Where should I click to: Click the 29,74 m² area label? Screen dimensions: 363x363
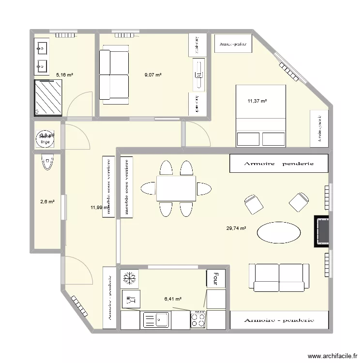[x=236, y=228]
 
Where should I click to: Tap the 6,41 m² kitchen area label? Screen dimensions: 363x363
[x=173, y=299]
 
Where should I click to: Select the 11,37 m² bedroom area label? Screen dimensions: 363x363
[x=257, y=101]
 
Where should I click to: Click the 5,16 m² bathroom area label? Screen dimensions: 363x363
[x=64, y=75]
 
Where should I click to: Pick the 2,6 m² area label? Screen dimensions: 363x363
[x=46, y=202]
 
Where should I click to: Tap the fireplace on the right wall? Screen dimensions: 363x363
[x=322, y=231]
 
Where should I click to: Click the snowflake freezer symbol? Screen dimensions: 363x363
[x=130, y=278]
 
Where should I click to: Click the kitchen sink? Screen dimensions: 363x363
[x=156, y=320]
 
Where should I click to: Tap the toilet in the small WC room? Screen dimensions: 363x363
[x=47, y=162]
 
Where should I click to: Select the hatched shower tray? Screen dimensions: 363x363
[x=48, y=97]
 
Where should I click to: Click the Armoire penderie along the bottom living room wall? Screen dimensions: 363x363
[x=279, y=320]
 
